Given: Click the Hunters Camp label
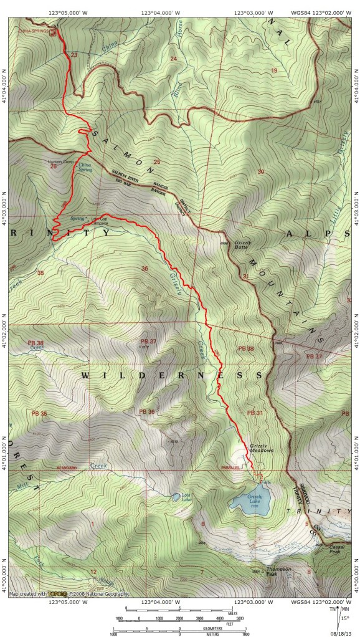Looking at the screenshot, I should pos(60,162).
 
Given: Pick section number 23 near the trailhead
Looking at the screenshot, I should pos(75,56).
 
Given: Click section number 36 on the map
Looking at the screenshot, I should pos(145,269).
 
